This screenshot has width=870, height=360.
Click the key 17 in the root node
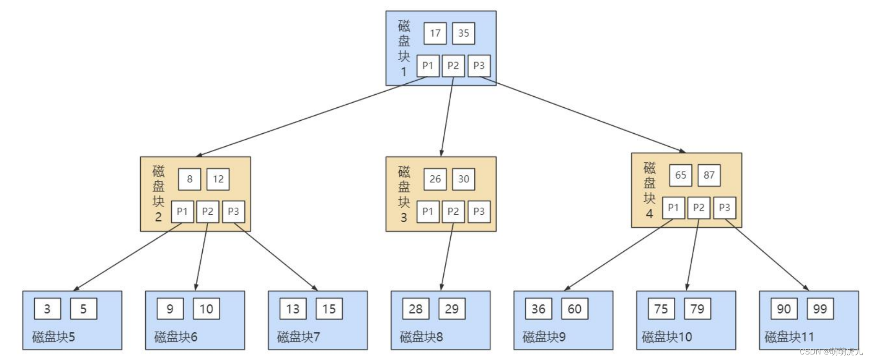(435, 33)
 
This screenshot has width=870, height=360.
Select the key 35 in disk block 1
(463, 33)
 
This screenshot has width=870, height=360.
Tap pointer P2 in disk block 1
(453, 66)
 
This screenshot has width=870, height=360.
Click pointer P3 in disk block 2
(233, 211)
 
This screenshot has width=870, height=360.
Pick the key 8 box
(189, 179)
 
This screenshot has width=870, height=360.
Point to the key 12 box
(218, 179)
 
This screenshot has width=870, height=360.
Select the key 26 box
(435, 179)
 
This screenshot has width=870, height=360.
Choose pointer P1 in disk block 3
(428, 211)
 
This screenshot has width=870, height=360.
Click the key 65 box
(680, 175)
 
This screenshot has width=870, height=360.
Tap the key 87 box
(709, 175)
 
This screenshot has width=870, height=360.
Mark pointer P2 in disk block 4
(698, 208)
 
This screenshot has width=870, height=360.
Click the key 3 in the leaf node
(47, 309)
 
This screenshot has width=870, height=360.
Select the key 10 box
(206, 309)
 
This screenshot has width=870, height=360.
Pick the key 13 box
(292, 309)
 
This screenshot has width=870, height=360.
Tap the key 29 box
(452, 309)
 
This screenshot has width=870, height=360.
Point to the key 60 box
(574, 309)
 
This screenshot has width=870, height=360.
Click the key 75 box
(661, 309)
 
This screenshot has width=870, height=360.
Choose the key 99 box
(820, 309)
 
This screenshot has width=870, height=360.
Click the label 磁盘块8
(421, 337)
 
